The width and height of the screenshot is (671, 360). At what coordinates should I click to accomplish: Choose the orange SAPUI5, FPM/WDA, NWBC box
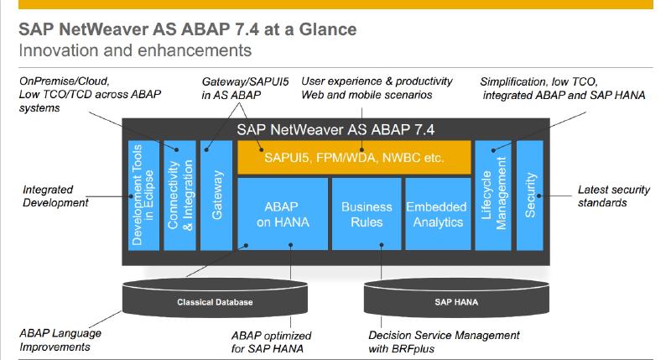(x=352, y=157)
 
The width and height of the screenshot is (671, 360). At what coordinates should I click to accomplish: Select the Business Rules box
(x=366, y=214)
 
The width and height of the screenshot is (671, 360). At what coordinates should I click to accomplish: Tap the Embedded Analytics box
(x=434, y=214)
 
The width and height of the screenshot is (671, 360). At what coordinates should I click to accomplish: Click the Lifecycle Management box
(x=492, y=195)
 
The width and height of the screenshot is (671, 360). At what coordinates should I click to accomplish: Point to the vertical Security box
(x=530, y=195)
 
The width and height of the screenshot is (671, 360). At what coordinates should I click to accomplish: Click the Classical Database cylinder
(x=214, y=301)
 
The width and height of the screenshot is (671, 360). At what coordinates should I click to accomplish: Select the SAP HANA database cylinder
(x=455, y=301)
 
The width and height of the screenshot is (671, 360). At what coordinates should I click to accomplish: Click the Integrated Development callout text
(x=55, y=196)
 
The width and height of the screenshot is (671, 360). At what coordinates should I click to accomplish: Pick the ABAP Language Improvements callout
(x=60, y=340)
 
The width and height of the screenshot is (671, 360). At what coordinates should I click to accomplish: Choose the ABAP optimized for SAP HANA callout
(x=273, y=342)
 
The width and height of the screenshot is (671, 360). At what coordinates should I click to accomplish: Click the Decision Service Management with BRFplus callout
(x=444, y=342)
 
